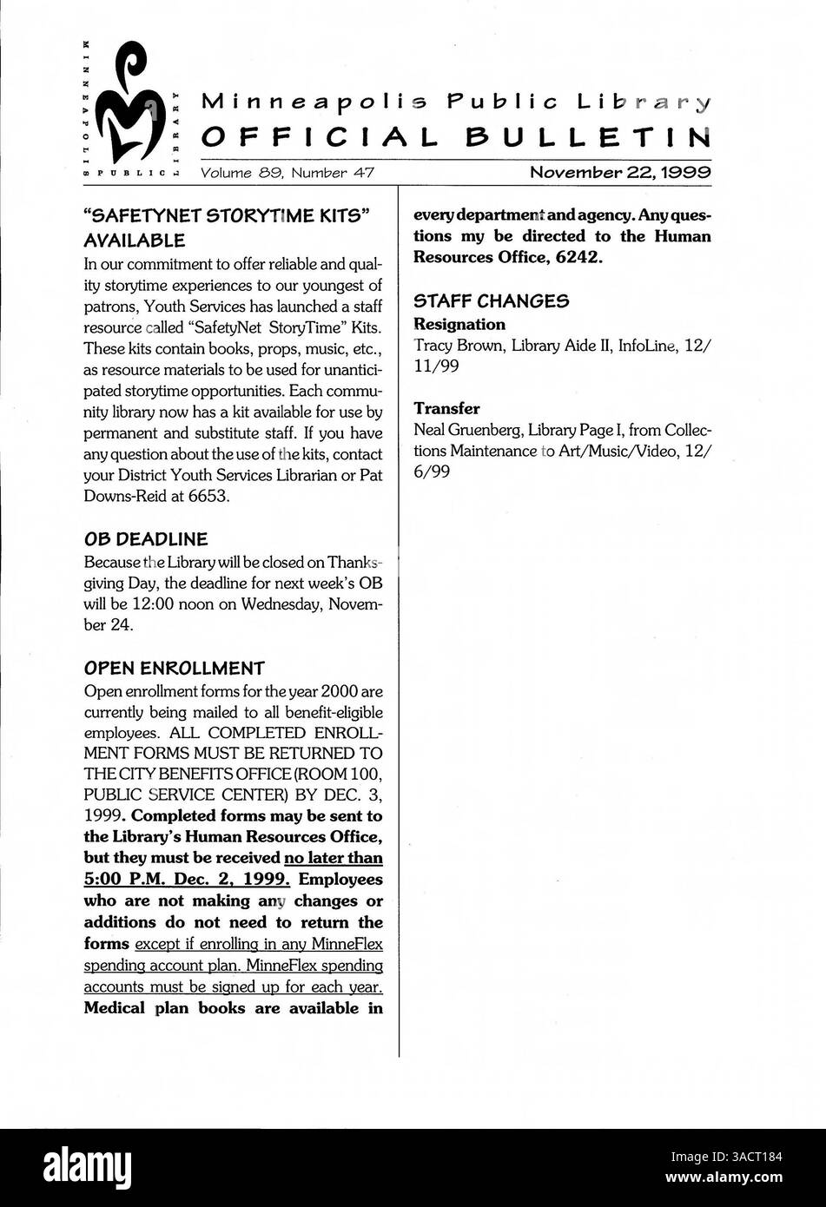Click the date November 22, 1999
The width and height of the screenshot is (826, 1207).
(x=620, y=173)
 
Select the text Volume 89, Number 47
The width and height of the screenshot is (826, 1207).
(x=287, y=173)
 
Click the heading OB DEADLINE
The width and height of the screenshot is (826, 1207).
(x=145, y=539)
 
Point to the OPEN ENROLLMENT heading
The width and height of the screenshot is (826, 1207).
(x=174, y=669)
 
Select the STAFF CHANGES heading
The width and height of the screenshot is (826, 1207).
(x=491, y=301)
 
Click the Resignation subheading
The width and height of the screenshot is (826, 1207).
(x=459, y=325)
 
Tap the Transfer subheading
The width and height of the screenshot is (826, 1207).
(x=446, y=408)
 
